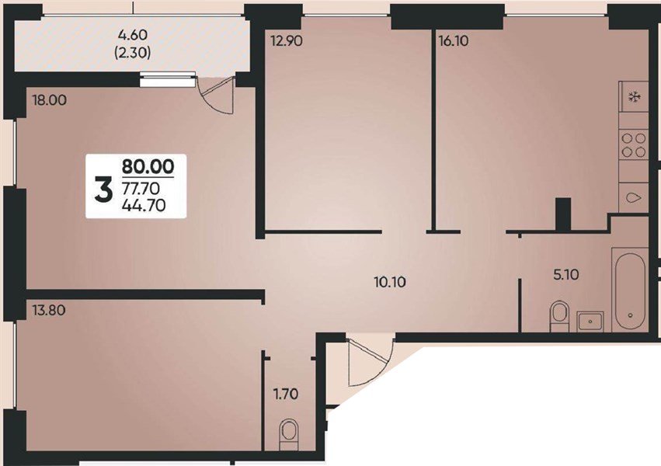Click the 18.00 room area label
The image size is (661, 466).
pyautogui.click(x=48, y=100)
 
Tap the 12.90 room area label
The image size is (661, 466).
pyautogui.click(x=285, y=42)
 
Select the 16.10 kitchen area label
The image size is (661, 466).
pyautogui.click(x=454, y=42)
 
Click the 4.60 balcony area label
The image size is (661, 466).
pyautogui.click(x=131, y=36)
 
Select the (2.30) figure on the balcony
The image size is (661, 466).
pyautogui.click(x=131, y=54)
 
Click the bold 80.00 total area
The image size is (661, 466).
pyautogui.click(x=148, y=165)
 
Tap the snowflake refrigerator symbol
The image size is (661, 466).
pyautogui.click(x=633, y=97)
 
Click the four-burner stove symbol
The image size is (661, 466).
pyautogui.click(x=634, y=144)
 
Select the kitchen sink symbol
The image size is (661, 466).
pyautogui.click(x=634, y=198)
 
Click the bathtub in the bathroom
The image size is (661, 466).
pyautogui.click(x=628, y=290)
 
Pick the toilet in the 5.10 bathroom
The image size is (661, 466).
pyautogui.click(x=558, y=316)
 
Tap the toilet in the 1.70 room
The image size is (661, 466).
pyautogui.click(x=288, y=431)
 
